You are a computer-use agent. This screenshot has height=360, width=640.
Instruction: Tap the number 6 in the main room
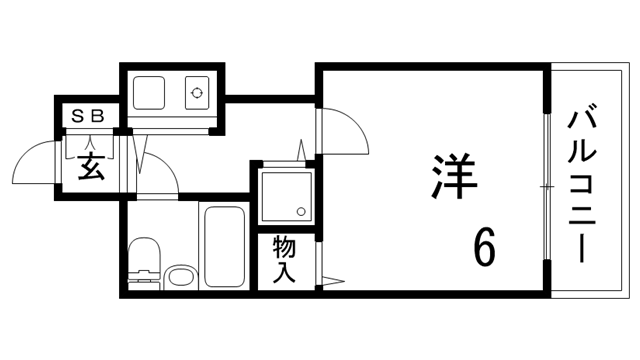(484, 245)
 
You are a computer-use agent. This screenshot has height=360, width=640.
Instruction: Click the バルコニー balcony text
(580, 186)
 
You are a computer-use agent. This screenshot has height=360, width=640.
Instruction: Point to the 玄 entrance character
(89, 166)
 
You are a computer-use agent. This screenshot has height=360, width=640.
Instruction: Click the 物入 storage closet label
(284, 260)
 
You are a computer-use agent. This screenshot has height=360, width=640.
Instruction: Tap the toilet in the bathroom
(145, 262)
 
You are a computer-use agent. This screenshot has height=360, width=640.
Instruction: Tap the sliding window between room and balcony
(547, 187)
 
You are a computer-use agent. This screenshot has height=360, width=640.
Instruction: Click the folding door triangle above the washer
(300, 150)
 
